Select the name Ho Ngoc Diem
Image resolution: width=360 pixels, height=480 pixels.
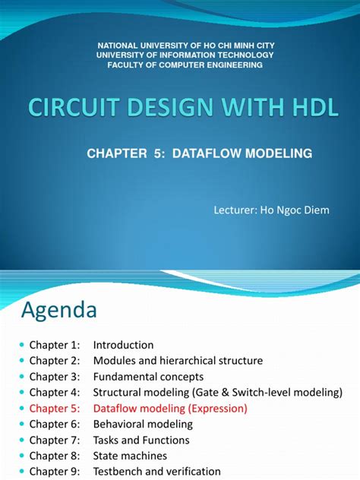coord(301,210)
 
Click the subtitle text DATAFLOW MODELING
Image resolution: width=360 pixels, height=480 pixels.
coord(242,153)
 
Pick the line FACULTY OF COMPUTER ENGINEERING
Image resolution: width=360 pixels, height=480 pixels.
coord(179,65)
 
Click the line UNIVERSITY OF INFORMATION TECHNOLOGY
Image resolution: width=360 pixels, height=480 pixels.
coord(179,55)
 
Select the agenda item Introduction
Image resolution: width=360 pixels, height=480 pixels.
coord(123,345)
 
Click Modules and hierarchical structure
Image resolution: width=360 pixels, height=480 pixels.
coord(178,361)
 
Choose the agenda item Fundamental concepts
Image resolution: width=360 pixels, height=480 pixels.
coord(148,377)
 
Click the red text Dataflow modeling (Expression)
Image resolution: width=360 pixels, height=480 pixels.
coord(170,408)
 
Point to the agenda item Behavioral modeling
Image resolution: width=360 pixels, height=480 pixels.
coord(143,424)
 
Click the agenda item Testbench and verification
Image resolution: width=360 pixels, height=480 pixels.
coord(156,472)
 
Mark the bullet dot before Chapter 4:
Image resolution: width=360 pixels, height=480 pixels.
coord(21,393)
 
